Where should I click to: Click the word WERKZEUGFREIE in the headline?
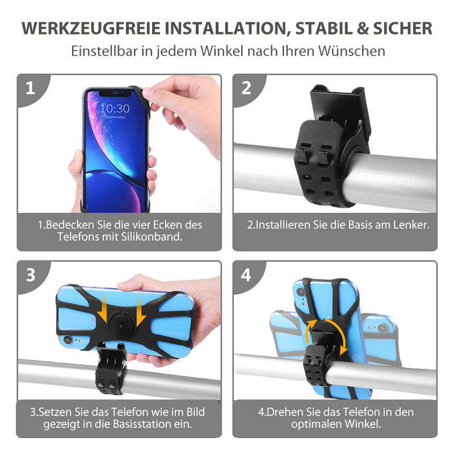point(91,28)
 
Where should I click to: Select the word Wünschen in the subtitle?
point(352,51)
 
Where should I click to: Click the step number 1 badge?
point(30,88)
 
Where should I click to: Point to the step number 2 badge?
point(246,88)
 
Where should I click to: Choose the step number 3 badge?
point(31,275)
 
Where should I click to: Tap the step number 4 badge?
point(246,275)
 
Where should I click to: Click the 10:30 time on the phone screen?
point(115,108)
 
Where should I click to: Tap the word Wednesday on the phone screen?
point(115,117)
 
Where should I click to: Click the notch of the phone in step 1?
point(116,93)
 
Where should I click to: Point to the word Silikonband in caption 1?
point(151,237)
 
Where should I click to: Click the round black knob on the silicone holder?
point(121,324)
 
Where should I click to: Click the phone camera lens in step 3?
point(68,339)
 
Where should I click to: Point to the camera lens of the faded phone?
point(382,328)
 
